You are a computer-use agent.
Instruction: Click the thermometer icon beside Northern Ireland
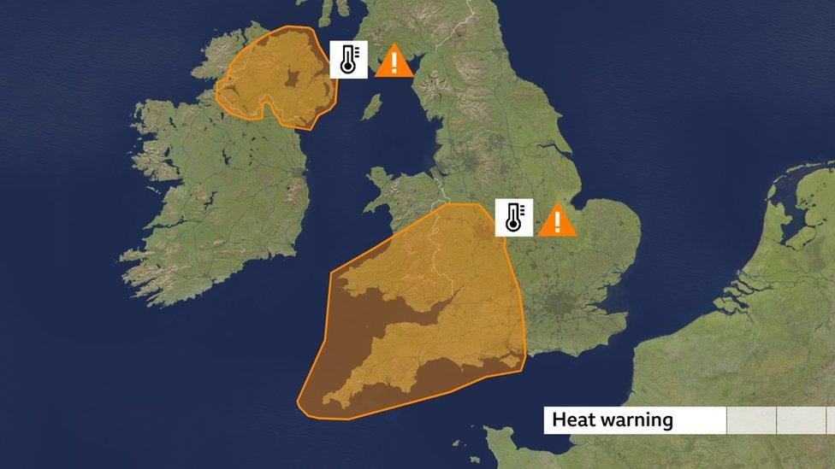pyautogui.click(x=349, y=60)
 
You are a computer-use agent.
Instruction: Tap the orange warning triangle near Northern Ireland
pyautogui.click(x=394, y=62)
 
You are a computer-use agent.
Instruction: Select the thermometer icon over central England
pyautogui.click(x=513, y=218)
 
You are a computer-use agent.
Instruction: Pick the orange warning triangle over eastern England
pyautogui.click(x=557, y=220)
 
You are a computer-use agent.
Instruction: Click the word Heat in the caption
pyautogui.click(x=570, y=420)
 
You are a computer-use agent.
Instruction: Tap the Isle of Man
pyautogui.click(x=371, y=108)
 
